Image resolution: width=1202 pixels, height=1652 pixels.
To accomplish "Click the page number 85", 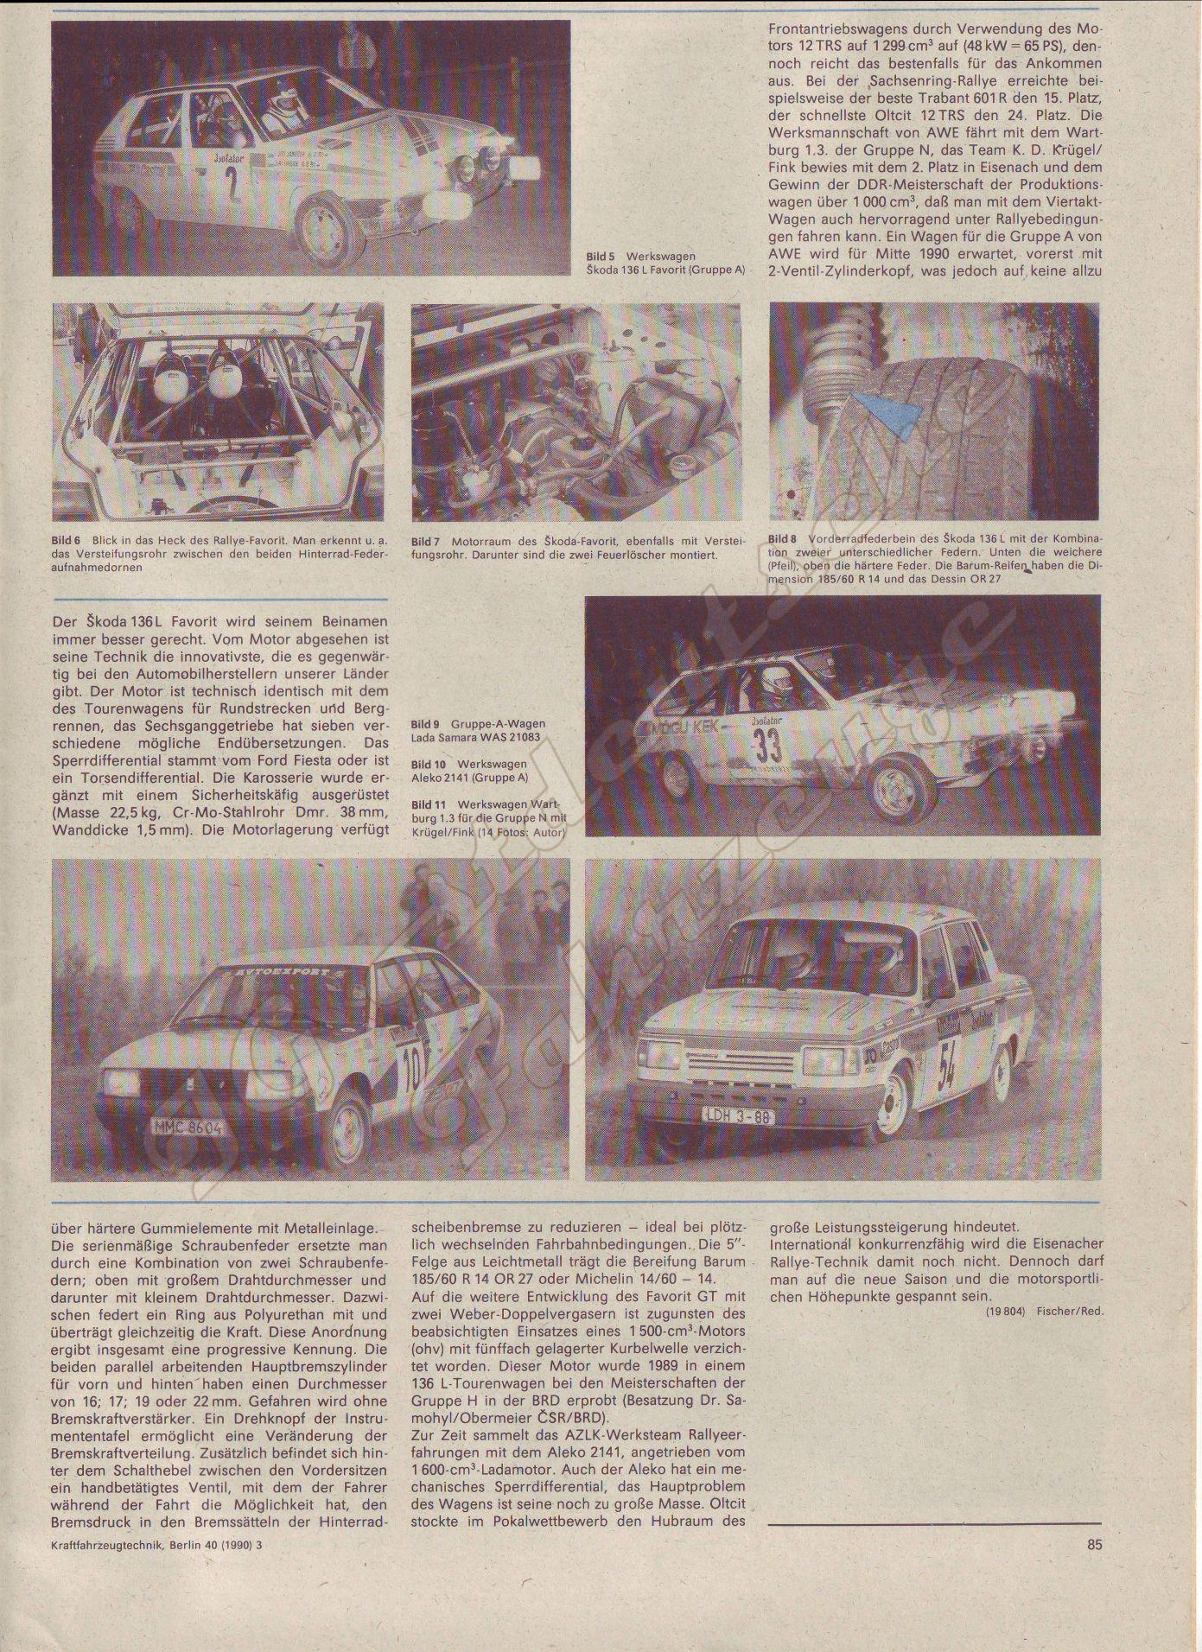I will [1093, 1545].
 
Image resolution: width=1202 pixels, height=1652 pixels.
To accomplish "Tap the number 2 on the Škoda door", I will [231, 184].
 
